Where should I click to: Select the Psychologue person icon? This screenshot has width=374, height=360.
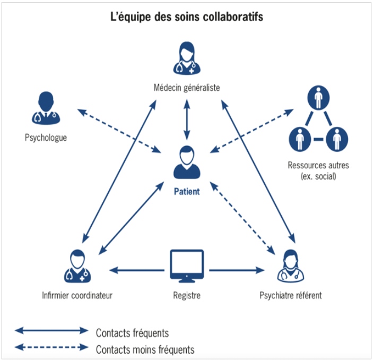click(46, 108)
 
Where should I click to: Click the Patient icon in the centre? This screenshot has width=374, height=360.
click(187, 162)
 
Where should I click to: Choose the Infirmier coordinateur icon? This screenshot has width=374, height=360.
click(77, 266)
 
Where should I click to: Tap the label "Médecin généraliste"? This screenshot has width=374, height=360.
click(186, 87)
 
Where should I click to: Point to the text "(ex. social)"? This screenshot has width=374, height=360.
click(318, 176)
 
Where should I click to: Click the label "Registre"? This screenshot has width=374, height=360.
click(187, 295)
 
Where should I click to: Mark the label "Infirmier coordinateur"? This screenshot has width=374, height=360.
click(77, 295)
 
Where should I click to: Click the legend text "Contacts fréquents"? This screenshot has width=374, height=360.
click(132, 333)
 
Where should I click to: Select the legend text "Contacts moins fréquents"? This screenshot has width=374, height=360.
click(145, 349)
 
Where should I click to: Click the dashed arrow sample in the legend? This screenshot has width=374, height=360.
click(51, 348)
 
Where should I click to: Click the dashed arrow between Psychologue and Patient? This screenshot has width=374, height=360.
click(119, 131)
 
